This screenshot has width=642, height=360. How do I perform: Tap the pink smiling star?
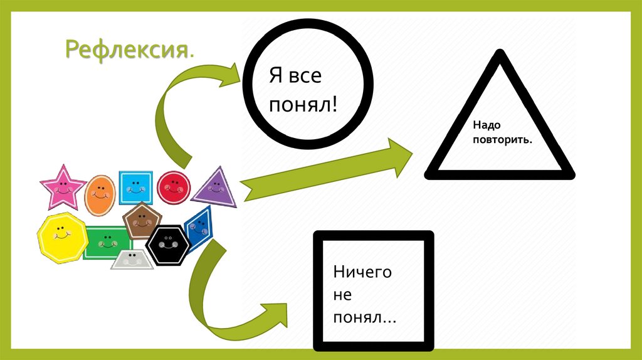(62, 186)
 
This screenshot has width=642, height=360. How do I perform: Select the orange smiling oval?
(99, 194)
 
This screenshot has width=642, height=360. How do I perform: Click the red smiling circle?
(173, 186)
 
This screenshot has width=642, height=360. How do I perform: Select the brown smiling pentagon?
(142, 220)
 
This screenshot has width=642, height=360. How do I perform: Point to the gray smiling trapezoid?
(132, 259)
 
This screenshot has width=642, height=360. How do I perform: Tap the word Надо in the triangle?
(478, 126)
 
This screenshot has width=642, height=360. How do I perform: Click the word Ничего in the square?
(362, 272)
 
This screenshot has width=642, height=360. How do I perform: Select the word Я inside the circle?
(274, 77)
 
